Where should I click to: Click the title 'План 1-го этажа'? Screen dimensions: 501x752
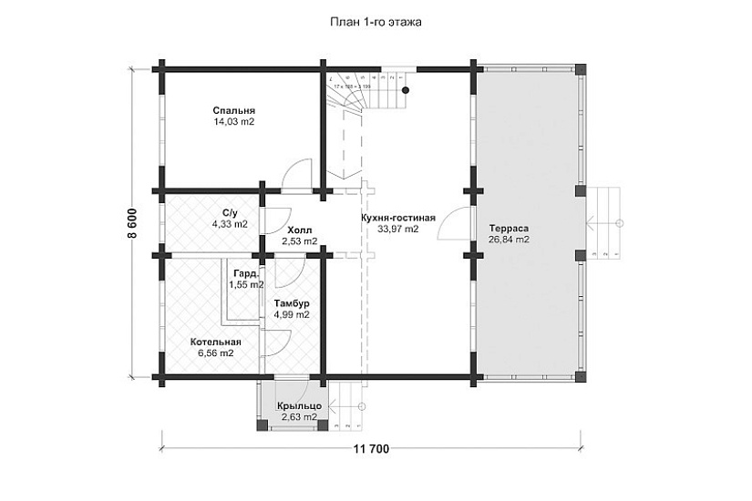375,19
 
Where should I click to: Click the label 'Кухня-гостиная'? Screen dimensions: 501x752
398,219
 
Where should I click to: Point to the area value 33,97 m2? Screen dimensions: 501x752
398,230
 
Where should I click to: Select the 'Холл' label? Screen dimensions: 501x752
299,230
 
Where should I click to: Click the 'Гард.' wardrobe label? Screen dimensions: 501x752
244,273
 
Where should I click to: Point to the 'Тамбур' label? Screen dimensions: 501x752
292,303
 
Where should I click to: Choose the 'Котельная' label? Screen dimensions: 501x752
215,342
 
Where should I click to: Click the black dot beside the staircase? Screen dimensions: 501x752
405,89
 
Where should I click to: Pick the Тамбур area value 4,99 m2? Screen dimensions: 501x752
292,314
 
